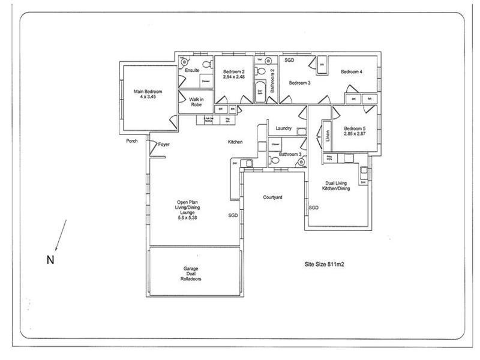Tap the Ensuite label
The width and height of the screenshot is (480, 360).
click(192, 71)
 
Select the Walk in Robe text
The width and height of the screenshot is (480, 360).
click(196, 102)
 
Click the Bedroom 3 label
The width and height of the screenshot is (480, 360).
click(299, 83)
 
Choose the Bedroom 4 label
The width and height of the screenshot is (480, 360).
click(352, 72)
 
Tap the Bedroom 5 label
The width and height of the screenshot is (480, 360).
click(354, 128)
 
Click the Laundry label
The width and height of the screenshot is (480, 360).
click(284, 128)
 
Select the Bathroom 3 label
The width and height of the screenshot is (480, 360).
click(290, 155)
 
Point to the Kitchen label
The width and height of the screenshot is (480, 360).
click(235, 142)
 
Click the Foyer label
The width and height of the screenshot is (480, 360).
click(164, 144)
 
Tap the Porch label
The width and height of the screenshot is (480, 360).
click(132, 142)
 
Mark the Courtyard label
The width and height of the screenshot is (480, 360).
click(273, 197)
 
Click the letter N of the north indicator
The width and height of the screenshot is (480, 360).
click(50, 259)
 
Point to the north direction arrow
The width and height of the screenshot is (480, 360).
click(61, 235)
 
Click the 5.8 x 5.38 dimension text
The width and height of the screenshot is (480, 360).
click(187, 218)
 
